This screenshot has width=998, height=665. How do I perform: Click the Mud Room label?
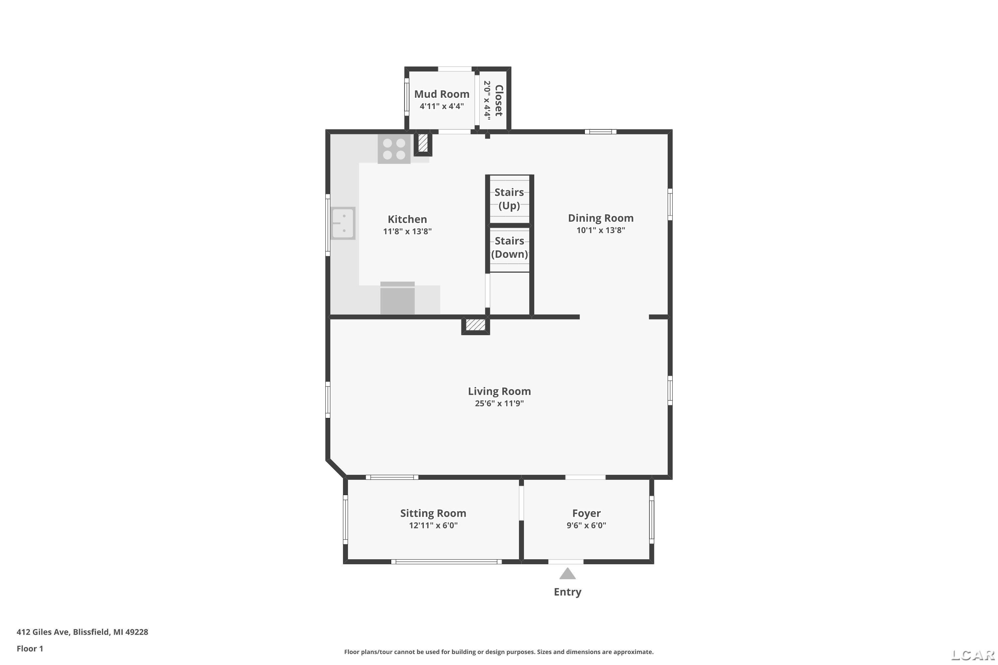pyautogui.click(x=442, y=94)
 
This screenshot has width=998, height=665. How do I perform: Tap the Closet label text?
pyautogui.click(x=499, y=100)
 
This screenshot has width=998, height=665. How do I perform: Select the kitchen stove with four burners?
pyautogui.click(x=394, y=149)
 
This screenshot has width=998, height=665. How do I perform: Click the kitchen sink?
pyautogui.click(x=343, y=223)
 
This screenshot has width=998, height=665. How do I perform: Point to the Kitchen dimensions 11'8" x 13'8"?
pyautogui.click(x=407, y=231)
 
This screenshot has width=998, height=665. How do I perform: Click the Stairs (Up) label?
pyautogui.click(x=509, y=199)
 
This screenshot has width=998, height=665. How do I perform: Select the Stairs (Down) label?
pyautogui.click(x=510, y=247)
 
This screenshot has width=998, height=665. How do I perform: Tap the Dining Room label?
pyautogui.click(x=601, y=218)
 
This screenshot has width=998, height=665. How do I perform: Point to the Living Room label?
pyautogui.click(x=499, y=391)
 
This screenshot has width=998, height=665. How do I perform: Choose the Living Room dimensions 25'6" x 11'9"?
pyautogui.click(x=499, y=403)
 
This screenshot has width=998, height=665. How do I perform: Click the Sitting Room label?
pyautogui.click(x=433, y=513)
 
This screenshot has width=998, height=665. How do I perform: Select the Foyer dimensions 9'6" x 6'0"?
pyautogui.click(x=586, y=525)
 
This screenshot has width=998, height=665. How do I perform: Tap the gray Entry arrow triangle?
pyautogui.click(x=567, y=574)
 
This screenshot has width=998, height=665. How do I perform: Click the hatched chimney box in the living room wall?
pyautogui.click(x=476, y=325)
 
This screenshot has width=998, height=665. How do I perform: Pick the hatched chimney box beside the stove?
pyautogui.click(x=423, y=143)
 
